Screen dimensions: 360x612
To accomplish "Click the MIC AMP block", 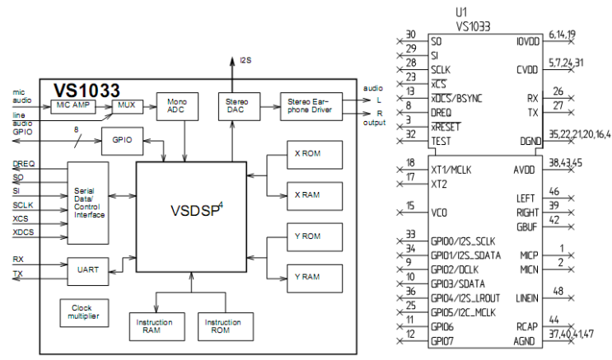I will pos(75,106).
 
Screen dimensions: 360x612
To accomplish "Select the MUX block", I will pos(126,106).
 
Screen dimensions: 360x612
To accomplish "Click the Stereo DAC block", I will pos(232,105).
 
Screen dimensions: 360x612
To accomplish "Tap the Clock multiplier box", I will pos(82,311).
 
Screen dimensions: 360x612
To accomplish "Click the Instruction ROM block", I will pos(217,325).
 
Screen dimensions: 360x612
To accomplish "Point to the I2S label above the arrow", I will pos(245,60).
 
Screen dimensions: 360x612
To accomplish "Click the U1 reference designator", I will pos(460,12).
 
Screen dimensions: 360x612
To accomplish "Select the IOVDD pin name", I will pos(526,41).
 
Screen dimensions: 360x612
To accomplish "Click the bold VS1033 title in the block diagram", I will pos(86,89).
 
